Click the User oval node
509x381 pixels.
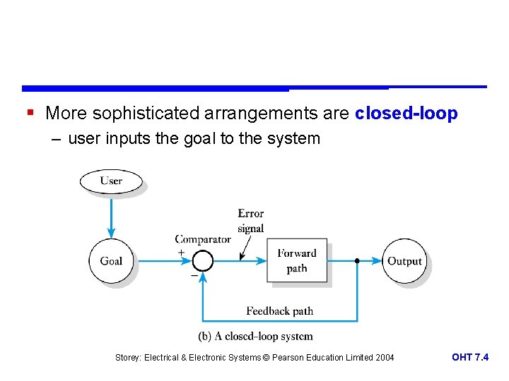[111, 181]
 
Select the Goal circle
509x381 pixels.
[111, 261]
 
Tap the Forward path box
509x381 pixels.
[297, 261]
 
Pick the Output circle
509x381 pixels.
[404, 261]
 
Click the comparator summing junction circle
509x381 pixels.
[203, 261]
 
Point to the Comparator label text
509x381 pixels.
[203, 239]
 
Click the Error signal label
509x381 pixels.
[251, 220]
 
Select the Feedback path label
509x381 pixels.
[279, 310]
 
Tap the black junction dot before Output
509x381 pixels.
[357, 261]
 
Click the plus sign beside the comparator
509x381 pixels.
[182, 253]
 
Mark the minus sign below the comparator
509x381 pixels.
[194, 276]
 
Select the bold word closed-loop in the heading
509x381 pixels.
[406, 114]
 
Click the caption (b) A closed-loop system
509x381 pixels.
[256, 337]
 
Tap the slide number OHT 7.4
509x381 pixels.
[470, 358]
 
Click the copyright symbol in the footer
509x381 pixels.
[267, 358]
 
